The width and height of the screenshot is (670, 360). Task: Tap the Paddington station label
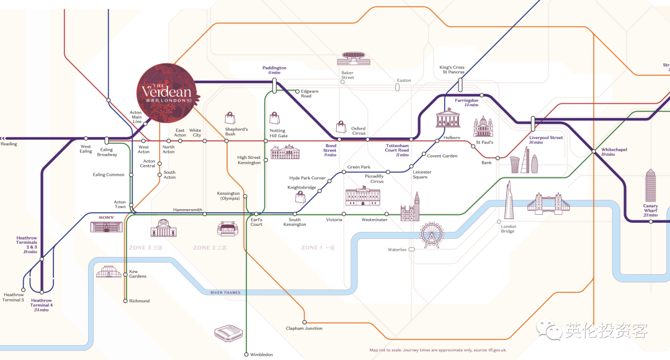[274, 68]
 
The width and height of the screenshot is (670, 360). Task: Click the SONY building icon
[107, 224]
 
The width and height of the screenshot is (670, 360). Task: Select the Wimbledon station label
[261, 354]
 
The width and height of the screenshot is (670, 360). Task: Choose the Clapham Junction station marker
[305, 322]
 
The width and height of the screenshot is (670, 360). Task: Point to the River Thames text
[225, 292]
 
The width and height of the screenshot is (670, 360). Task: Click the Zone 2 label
[210, 248]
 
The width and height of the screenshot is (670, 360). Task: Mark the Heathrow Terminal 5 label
[14, 297]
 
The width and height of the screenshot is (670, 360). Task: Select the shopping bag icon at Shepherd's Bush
[230, 118]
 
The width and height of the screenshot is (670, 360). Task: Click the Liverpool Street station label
[546, 138]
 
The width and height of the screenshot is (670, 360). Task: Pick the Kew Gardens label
[137, 274]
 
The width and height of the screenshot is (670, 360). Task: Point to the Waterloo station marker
[412, 250]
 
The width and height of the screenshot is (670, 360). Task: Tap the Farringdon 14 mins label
[467, 102]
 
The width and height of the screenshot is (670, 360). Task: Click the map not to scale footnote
[438, 350]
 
